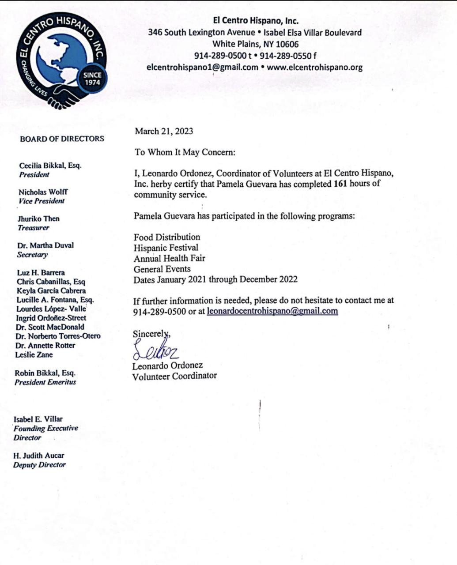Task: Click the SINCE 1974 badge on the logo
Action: tap(92, 79)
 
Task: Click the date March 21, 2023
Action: tap(164, 131)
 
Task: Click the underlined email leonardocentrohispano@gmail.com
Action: tap(272, 311)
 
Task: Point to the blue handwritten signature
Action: tap(155, 350)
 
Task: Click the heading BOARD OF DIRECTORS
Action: tap(62, 139)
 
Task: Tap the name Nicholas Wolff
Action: tap(43, 192)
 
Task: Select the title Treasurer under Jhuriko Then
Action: tap(34, 228)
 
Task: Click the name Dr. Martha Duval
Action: tap(45, 245)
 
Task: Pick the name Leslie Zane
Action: tap(34, 355)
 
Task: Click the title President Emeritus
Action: tap(45, 382)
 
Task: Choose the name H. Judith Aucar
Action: tap(39, 456)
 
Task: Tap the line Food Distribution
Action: tap(167, 237)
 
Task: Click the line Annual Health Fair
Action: tap(170, 258)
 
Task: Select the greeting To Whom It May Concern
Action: tap(185, 152)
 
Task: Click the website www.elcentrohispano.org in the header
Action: tap(315, 67)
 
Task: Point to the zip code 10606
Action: tap(287, 44)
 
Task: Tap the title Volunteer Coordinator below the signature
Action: tap(174, 376)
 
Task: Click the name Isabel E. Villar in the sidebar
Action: tap(38, 419)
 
